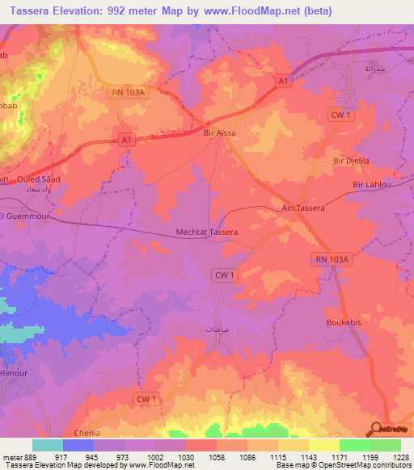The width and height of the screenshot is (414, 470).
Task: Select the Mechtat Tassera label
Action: (x=207, y=233)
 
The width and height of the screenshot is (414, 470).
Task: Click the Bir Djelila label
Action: (x=351, y=162)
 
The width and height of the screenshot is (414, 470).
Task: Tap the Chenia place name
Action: (x=87, y=433)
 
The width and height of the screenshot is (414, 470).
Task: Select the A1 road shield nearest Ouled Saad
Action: (x=125, y=139)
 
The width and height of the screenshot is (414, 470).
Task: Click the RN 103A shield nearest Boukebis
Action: (x=332, y=258)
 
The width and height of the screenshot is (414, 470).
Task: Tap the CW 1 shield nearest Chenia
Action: (x=146, y=400)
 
